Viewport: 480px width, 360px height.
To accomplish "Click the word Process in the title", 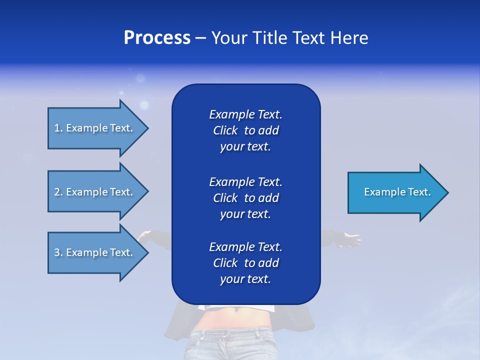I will pos(157,38).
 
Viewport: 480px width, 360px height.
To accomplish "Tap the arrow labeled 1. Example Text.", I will pos(95,128).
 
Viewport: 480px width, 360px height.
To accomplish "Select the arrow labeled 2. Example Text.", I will pos(95,192).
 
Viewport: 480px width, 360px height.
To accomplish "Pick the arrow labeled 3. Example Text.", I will pos(95,252).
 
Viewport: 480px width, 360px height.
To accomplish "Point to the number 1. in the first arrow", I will pos(58,128).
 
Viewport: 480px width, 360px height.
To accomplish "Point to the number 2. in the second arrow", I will pos(58,192).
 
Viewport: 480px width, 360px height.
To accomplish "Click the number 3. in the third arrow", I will pos(58,252).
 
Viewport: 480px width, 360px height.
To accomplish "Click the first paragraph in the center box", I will pos(245,130).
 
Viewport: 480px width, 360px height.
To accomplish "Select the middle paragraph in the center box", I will pos(245,197).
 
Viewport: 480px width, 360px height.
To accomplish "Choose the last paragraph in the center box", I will pos(245,263).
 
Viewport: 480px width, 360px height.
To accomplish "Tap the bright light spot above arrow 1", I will pos(144,105).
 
